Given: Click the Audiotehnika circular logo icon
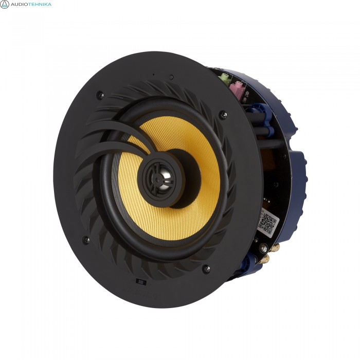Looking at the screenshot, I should click(5, 5).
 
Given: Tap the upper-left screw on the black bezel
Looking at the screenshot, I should click(100, 95).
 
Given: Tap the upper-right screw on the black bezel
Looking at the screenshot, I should click(223, 114).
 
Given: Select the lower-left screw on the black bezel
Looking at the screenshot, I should click(86, 240).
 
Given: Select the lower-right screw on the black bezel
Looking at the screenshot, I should click(206, 268).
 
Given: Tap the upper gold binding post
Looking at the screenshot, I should click(273, 248).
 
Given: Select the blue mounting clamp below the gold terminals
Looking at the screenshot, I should click(252, 265).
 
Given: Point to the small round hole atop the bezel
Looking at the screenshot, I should click(171, 78).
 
